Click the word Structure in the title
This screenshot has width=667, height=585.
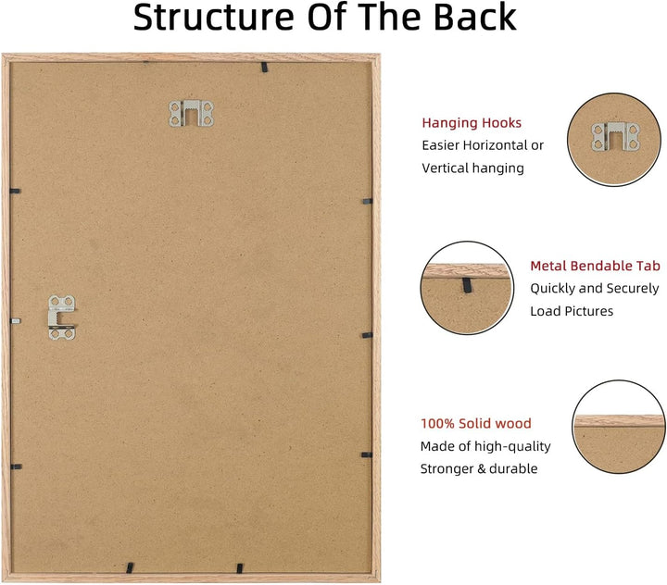pos(214,17)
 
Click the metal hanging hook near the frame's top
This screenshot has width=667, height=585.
pos(191,114)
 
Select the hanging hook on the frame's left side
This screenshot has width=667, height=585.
pos(62,317)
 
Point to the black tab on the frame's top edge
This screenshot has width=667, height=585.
pos(264,67)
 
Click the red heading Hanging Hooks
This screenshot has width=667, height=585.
pos(472,123)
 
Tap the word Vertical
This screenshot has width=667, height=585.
pos(444,168)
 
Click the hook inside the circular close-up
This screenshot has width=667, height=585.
pos(615,137)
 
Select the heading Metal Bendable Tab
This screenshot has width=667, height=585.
pos(595,266)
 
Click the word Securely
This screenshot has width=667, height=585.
pos(633,289)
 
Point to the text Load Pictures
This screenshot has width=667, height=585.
pos(572,311)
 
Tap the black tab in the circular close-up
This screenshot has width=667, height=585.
pos(467,284)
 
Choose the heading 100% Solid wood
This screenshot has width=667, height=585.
pos(475,423)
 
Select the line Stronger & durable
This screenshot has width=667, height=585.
pos(479,468)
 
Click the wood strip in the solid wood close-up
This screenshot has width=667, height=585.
pos(619,421)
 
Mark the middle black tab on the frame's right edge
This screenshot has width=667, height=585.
pos(367,335)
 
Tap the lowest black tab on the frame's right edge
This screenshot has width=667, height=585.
pos(367,454)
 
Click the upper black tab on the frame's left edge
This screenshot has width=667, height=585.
pos(15,192)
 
